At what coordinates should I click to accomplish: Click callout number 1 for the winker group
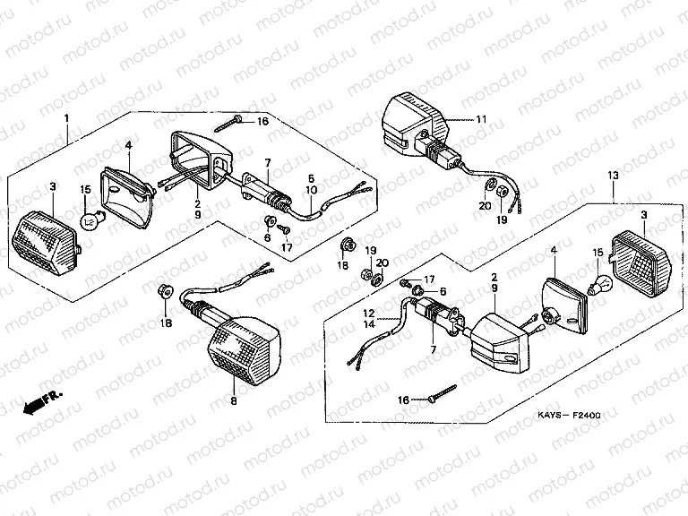(66, 118)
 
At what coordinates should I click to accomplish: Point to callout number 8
(234, 402)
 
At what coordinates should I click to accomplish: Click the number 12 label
(367, 313)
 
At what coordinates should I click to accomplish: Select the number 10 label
(311, 190)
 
